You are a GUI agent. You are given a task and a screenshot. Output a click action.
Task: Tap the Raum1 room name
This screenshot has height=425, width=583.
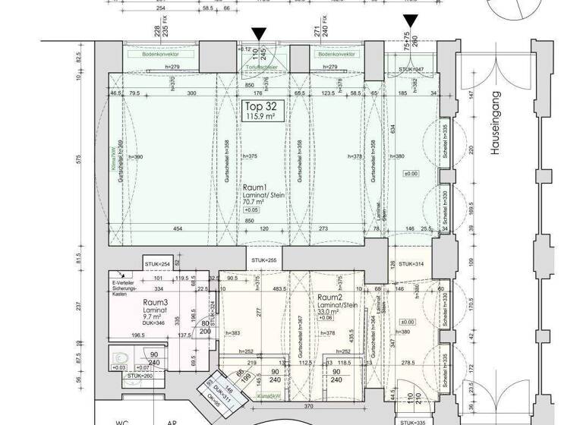(x=255, y=186)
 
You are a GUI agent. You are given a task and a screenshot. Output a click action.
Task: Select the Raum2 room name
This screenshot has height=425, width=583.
(x=331, y=298)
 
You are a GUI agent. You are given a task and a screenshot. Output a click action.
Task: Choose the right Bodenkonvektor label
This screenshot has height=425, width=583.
(x=336, y=55)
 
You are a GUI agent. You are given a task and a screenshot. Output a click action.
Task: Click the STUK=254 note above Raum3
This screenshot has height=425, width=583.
(x=157, y=263)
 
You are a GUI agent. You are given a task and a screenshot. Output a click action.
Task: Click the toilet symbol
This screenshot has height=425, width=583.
(x=117, y=356)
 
